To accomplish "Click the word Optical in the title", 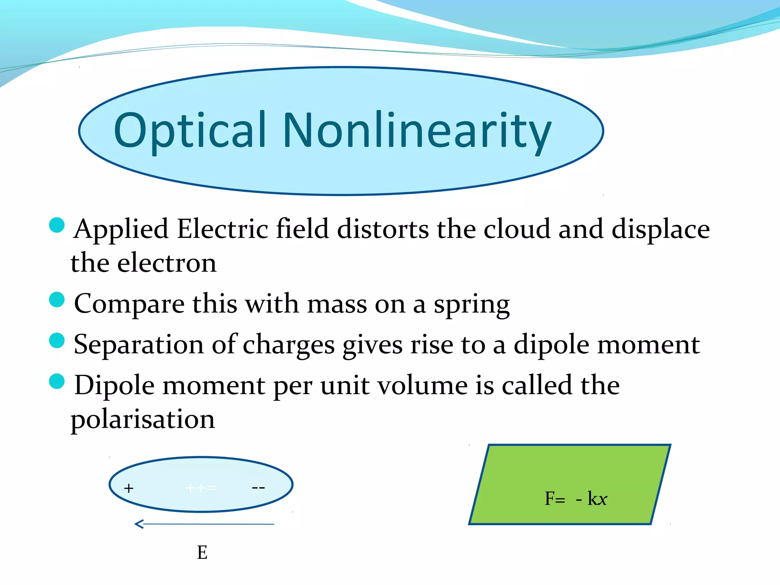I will click(189, 131).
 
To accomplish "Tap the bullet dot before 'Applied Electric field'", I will click(57, 225).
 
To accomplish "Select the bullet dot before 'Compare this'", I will click(57, 299).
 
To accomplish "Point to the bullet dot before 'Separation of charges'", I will click(57, 340).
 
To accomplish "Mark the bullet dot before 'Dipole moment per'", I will click(57, 381).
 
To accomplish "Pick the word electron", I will click(167, 263).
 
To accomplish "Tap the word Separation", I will click(139, 345).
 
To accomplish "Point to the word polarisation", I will click(143, 420).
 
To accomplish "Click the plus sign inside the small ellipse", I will click(129, 488).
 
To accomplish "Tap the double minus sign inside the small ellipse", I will click(258, 488).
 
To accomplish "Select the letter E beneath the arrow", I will click(202, 552).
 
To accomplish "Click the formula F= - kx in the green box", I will click(575, 499).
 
